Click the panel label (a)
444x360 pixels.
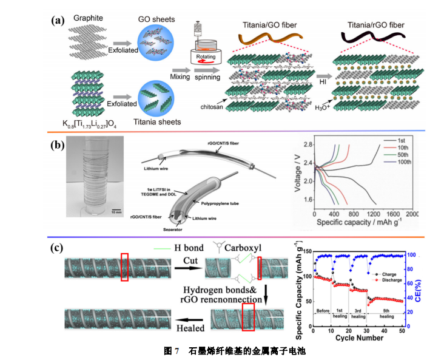click(x=58, y=20)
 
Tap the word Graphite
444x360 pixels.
click(x=89, y=19)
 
